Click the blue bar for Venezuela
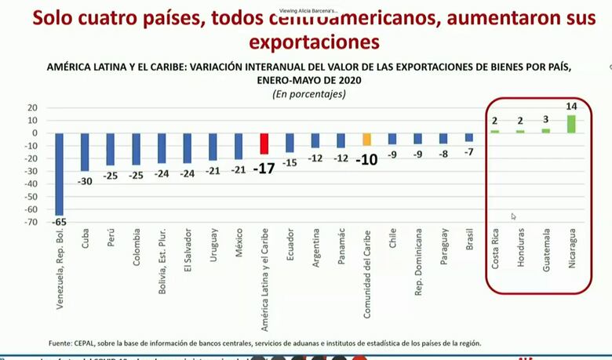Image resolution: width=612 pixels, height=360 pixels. point(59,173)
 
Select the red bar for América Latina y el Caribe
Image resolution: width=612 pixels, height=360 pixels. point(264,144)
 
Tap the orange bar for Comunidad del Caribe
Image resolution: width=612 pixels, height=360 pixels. point(366,139)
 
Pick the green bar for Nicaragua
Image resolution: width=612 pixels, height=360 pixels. point(570,124)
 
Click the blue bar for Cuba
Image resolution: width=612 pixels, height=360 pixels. point(85,151)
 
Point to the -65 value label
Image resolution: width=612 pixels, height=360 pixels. point(60,223)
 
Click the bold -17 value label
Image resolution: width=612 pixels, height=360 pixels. point(264,167)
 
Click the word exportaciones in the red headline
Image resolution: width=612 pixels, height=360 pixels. point(313,41)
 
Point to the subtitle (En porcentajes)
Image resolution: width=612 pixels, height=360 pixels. point(308,93)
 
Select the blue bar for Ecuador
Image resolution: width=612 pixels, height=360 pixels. point(290,142)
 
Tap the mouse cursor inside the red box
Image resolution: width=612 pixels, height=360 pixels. point(513,216)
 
